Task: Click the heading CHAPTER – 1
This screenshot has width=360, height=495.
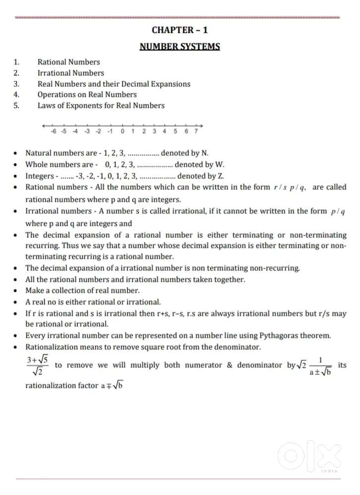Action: [180, 30]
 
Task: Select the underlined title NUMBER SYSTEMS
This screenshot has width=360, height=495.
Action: [180, 47]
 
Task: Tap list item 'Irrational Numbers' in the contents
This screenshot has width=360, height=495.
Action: [71, 73]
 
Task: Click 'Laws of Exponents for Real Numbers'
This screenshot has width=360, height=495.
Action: [101, 105]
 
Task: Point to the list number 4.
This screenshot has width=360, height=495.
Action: [16, 94]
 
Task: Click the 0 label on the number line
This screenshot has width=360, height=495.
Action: [122, 131]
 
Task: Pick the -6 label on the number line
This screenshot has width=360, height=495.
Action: [53, 131]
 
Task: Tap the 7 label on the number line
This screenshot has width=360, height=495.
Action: [196, 131]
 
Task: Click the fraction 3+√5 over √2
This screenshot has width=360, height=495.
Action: [38, 366]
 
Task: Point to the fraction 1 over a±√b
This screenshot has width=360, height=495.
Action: [321, 366]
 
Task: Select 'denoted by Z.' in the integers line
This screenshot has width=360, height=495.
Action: [197, 176]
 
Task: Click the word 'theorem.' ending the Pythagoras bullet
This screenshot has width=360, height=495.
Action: [315, 335]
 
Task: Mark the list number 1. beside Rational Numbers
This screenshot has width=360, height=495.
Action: [16, 62]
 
